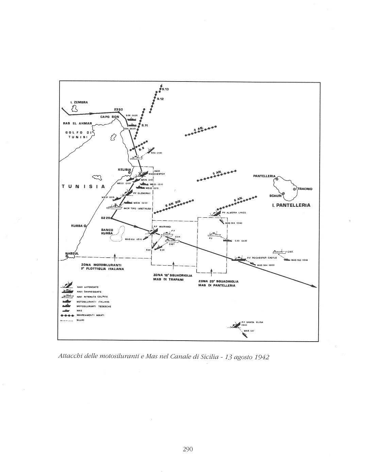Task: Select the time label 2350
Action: [118, 109]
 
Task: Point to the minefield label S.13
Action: [165, 89]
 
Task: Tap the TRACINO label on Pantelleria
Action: [305, 188]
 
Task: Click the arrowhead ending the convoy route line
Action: [315, 287]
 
